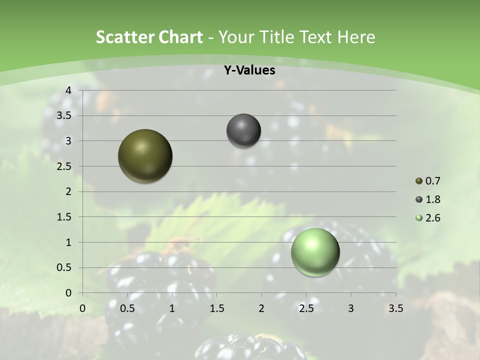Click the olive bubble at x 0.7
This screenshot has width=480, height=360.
click(x=145, y=156)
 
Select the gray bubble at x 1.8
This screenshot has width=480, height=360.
click(x=243, y=131)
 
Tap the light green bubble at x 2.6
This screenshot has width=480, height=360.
click(x=315, y=252)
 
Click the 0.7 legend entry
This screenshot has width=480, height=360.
click(x=428, y=181)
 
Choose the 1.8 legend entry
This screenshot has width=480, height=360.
click(x=428, y=199)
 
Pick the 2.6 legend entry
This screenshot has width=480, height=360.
click(x=428, y=218)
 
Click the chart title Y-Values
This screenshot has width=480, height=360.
click(x=249, y=70)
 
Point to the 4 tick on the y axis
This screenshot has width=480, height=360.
click(x=68, y=90)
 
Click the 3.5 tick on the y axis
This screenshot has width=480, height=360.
click(x=64, y=115)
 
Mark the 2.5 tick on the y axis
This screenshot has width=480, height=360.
click(x=64, y=166)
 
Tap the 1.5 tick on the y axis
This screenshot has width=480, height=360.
click(x=64, y=217)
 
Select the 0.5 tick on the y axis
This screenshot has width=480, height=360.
click(x=64, y=267)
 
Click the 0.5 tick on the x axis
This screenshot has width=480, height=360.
click(x=127, y=308)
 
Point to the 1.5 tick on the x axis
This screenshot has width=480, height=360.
click(x=217, y=308)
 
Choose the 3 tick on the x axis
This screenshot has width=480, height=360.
click(x=351, y=308)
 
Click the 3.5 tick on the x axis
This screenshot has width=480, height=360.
click(x=395, y=308)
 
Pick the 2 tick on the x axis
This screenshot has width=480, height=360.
click(x=261, y=308)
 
